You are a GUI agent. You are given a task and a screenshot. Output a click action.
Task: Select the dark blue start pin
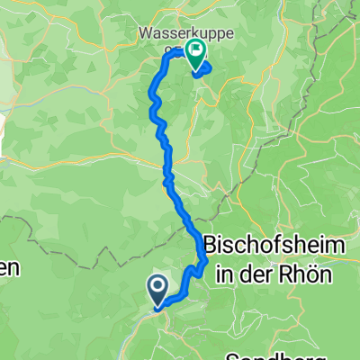[x=157, y=291]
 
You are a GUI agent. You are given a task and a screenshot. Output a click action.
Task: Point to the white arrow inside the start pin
[x=157, y=287]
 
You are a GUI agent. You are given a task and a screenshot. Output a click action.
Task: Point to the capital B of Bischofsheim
[x=212, y=245]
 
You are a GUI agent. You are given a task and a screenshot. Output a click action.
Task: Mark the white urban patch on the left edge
[x=3, y=127]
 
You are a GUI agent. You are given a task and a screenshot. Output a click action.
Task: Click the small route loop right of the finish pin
[x=203, y=68]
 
